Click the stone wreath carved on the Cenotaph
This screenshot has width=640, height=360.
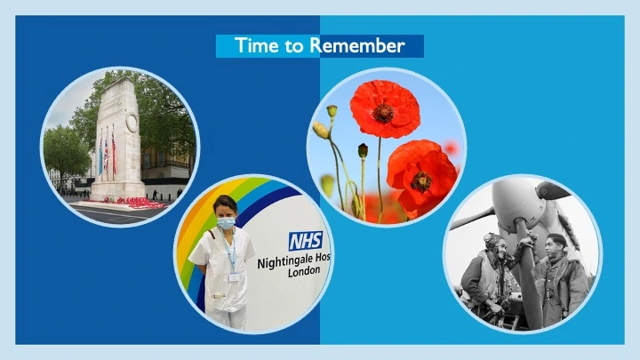click(x=132, y=123)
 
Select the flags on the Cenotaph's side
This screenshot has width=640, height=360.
click(x=108, y=156)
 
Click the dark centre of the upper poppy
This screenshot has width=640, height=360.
click(x=384, y=113)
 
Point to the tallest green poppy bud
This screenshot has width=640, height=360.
click(x=332, y=112)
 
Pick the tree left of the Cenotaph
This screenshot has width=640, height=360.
click(x=66, y=151)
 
